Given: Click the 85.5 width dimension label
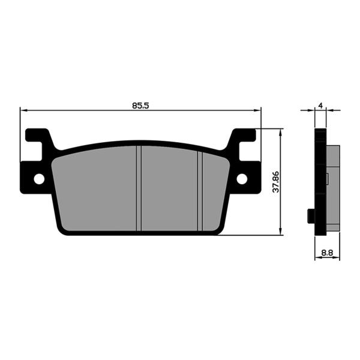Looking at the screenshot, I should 140,106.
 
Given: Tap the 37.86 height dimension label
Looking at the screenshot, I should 275,181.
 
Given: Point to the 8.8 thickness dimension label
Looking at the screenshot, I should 327,253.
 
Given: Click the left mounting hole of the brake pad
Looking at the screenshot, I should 39,179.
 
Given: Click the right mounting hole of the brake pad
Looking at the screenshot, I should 242,179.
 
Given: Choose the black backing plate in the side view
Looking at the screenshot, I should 320,180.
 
